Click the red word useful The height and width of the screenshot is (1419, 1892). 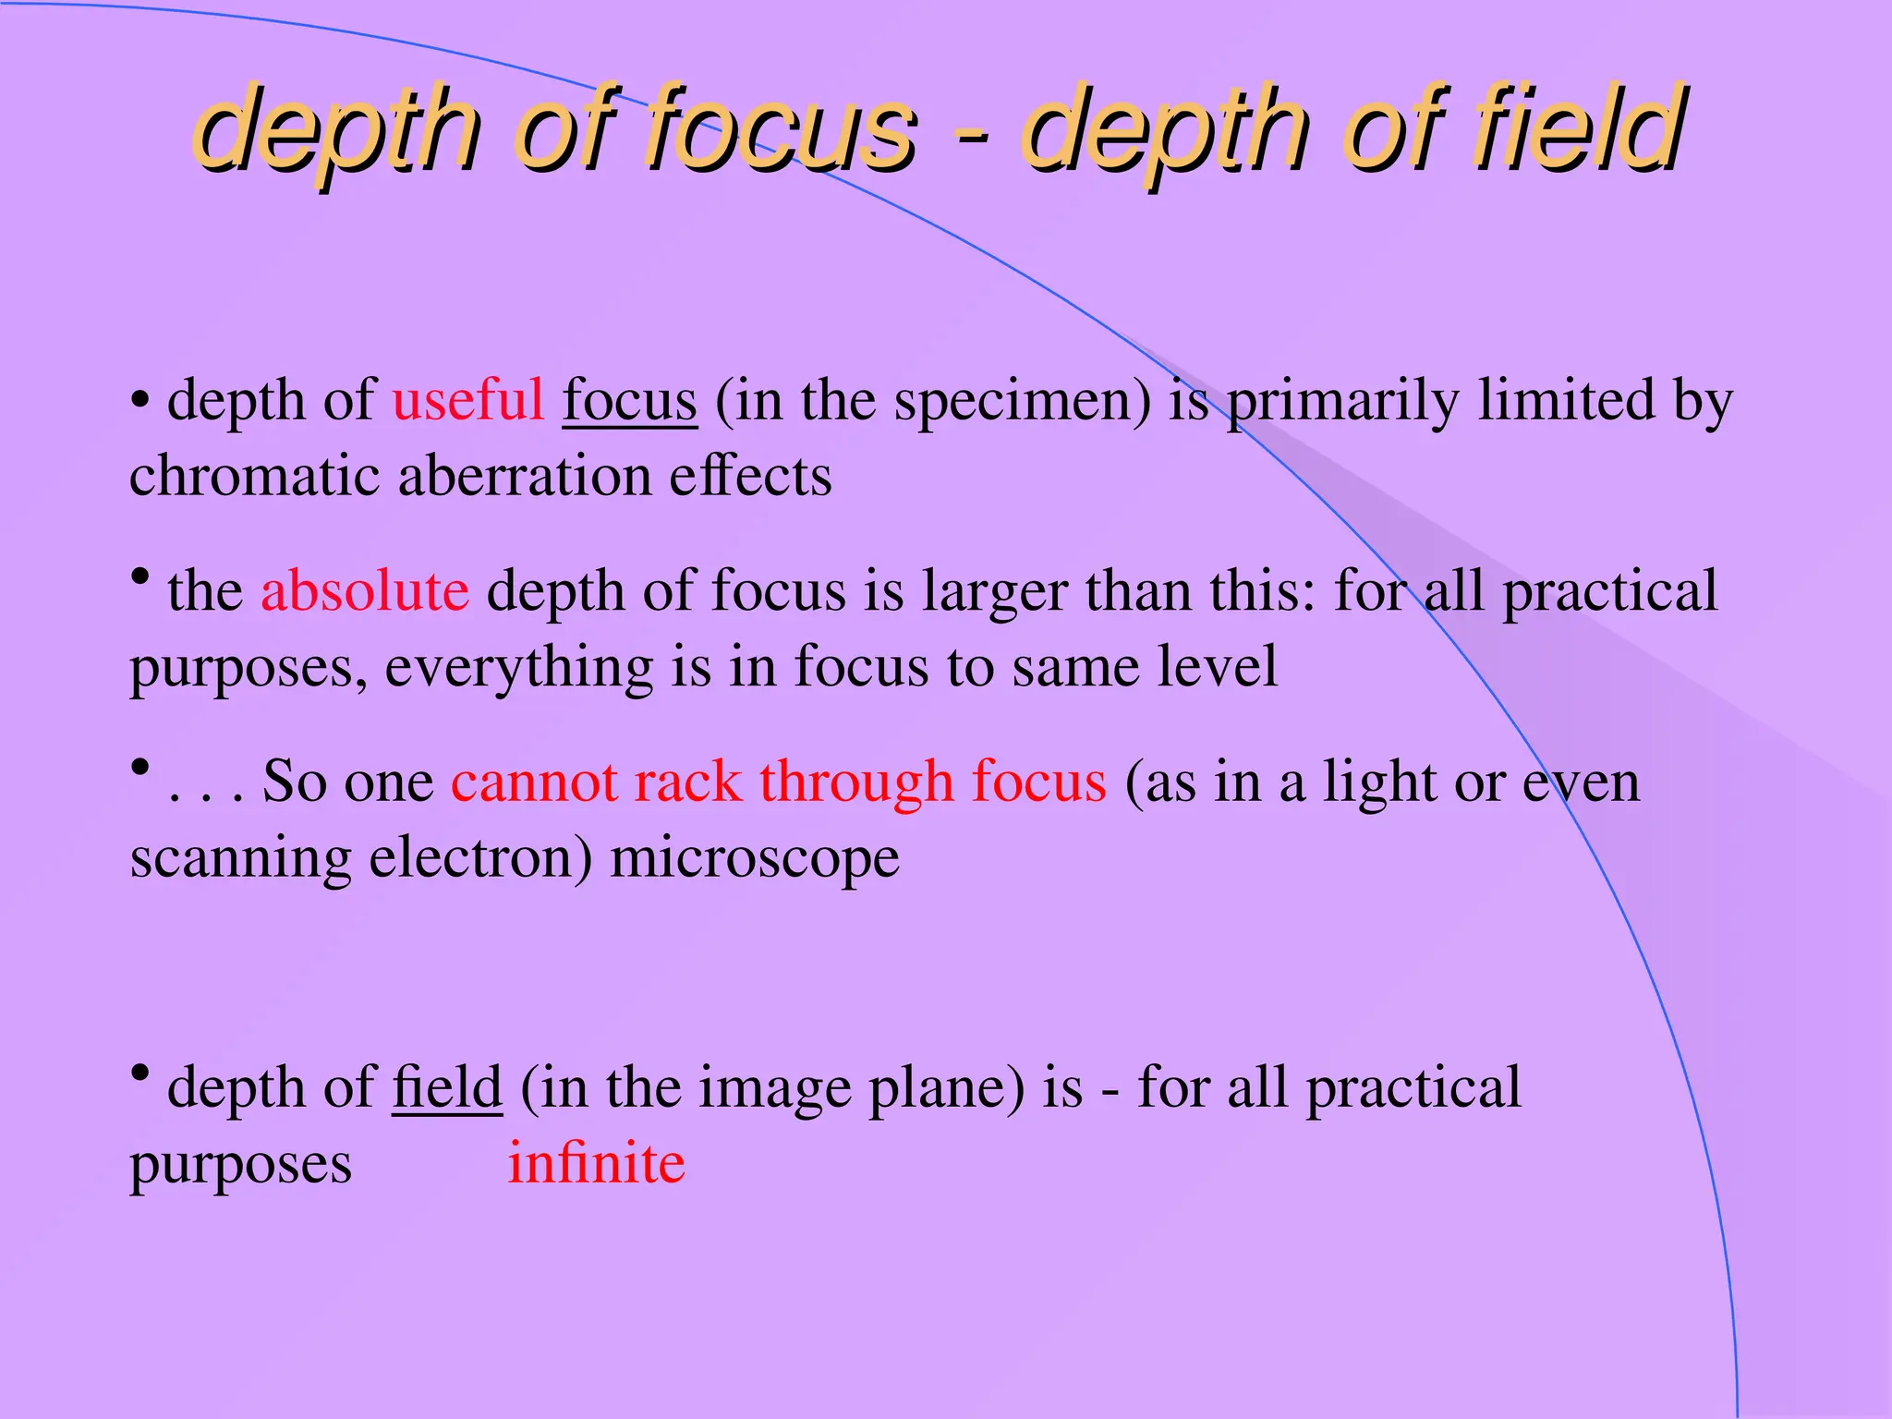(x=467, y=401)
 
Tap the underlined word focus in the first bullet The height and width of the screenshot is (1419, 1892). (x=629, y=401)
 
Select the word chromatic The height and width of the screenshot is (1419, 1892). (x=254, y=478)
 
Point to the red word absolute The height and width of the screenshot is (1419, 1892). (x=365, y=591)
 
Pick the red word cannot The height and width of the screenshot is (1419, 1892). (x=534, y=782)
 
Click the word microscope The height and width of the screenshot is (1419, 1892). (x=754, y=859)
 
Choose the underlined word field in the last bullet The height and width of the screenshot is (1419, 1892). (x=447, y=1087)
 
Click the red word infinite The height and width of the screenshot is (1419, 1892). (x=596, y=1163)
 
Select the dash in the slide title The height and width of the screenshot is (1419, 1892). (x=971, y=139)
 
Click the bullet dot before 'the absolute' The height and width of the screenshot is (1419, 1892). (x=139, y=576)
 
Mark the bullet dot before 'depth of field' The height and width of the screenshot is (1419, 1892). (x=139, y=1073)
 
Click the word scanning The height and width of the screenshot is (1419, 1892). (x=240, y=859)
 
